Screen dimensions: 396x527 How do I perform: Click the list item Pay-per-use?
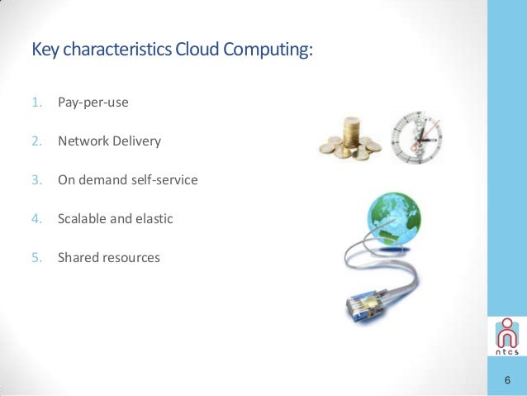point(93,104)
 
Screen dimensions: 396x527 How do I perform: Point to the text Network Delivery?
point(109,141)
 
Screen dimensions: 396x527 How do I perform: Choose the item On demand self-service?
point(128,179)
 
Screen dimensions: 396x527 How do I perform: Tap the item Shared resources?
point(109,257)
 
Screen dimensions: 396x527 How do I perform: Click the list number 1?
point(36,104)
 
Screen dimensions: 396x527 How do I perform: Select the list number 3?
point(36,179)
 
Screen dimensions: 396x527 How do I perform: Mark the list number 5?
point(36,257)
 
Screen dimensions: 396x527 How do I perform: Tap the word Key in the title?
point(45,50)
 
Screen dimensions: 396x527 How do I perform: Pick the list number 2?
point(36,141)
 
